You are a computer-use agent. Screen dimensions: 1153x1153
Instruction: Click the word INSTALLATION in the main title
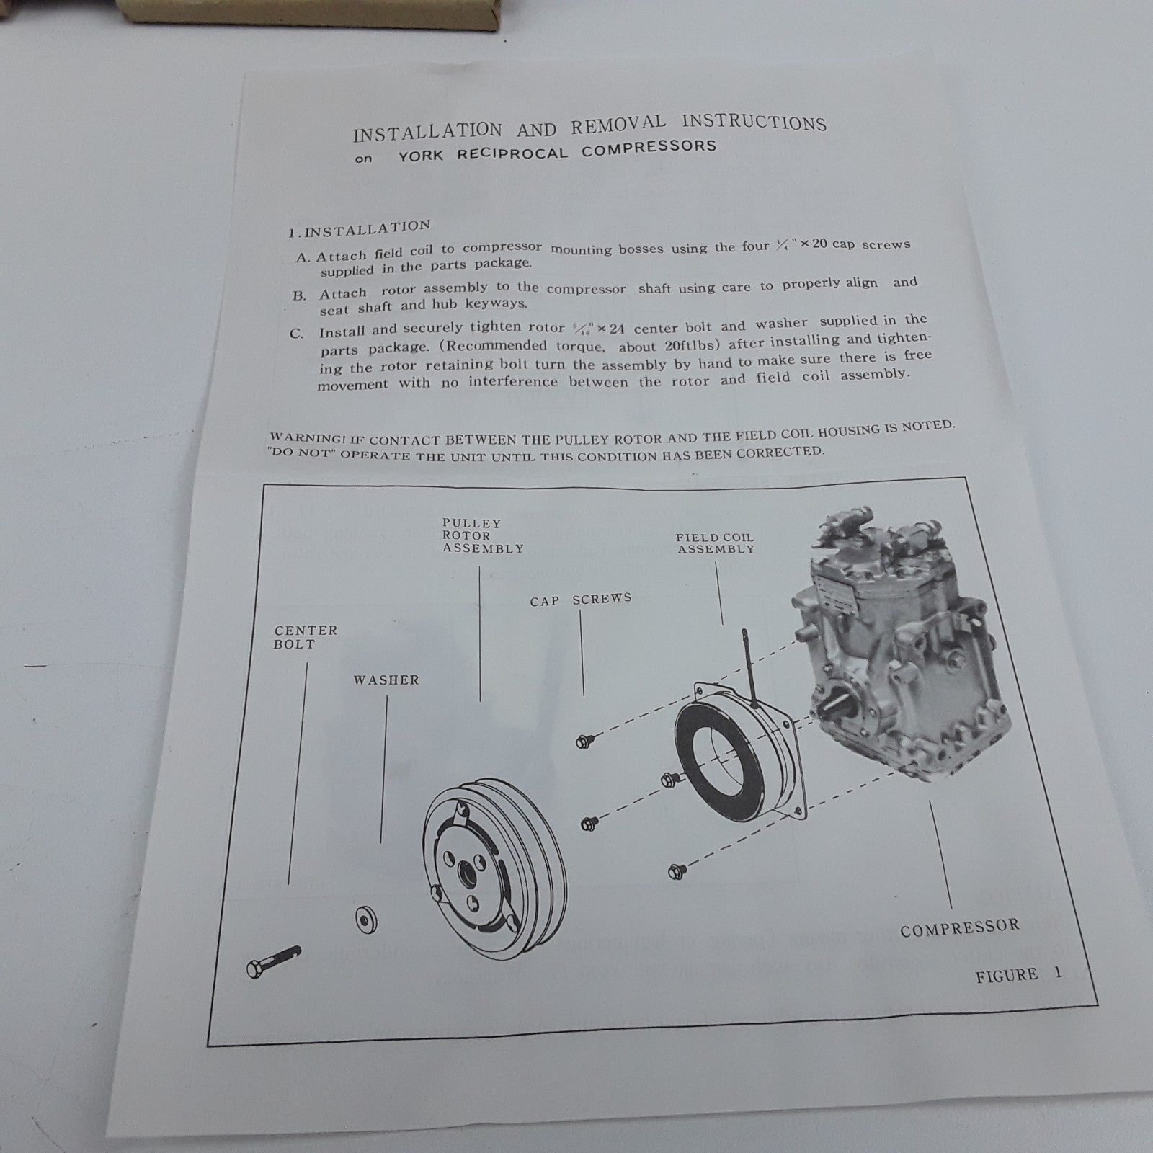tap(427, 132)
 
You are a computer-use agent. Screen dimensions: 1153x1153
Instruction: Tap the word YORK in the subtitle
tap(421, 155)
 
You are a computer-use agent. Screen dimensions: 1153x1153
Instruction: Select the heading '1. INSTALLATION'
tap(359, 229)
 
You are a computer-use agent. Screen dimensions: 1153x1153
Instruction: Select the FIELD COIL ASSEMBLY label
tap(715, 543)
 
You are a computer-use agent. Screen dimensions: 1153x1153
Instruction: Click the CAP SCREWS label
tap(581, 600)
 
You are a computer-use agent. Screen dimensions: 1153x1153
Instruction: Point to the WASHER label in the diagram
tap(386, 680)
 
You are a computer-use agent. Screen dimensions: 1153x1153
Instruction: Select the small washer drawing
tap(367, 921)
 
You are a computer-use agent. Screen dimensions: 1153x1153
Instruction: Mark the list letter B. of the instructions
tap(299, 295)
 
